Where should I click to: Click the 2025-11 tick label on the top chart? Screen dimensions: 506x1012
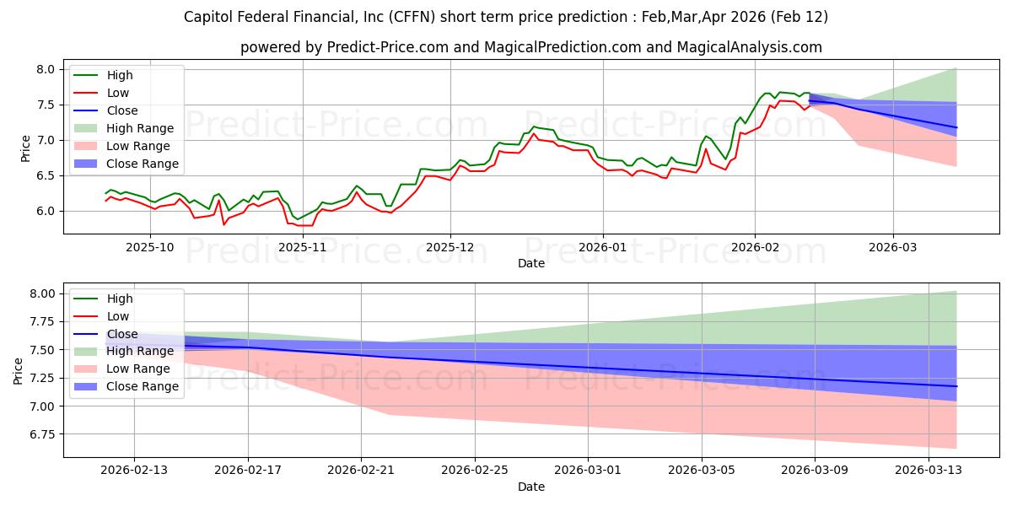point(301,247)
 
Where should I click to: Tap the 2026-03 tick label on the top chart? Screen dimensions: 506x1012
point(893,247)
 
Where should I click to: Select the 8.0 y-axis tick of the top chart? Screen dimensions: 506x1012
point(45,69)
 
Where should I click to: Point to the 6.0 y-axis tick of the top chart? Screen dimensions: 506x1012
point(45,211)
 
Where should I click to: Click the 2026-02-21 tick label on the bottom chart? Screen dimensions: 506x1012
point(361,471)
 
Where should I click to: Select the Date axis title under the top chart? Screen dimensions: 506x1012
point(531,263)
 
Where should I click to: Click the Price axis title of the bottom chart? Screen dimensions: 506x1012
point(19,370)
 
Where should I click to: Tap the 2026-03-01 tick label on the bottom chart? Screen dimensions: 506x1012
point(589,471)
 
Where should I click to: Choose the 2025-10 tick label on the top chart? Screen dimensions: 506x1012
point(151,247)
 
